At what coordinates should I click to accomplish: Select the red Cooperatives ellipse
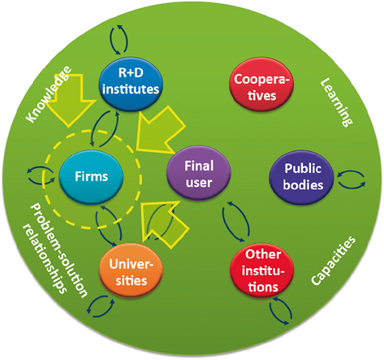(261, 85)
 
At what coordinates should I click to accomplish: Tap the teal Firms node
(91, 177)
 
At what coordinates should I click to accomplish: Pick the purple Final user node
(199, 174)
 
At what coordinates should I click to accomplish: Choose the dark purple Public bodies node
(302, 177)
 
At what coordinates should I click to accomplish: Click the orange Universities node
(131, 271)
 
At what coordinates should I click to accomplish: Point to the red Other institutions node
(262, 271)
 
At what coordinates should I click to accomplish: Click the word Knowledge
(49, 94)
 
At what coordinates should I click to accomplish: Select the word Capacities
(334, 260)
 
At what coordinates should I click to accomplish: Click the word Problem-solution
(59, 250)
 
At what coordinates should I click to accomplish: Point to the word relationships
(45, 258)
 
